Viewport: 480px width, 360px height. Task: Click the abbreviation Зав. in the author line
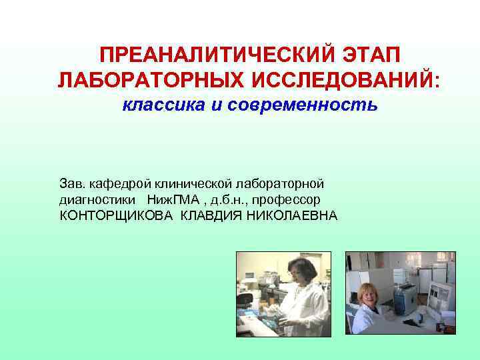pos(71,182)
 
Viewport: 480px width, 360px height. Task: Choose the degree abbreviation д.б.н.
pos(231,199)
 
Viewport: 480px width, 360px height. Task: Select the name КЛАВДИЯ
pos(212,215)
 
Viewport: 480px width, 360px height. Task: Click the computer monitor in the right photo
pos(440,293)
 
